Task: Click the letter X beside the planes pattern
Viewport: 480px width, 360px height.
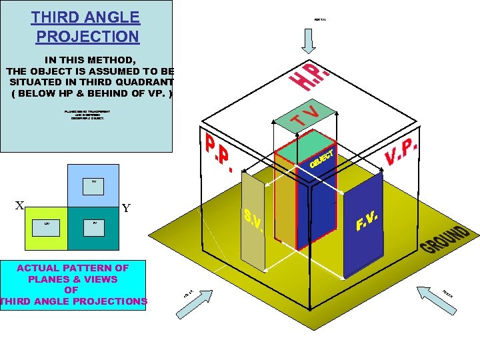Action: click(x=20, y=207)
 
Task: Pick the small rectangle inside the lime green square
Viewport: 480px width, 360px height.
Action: click(x=47, y=227)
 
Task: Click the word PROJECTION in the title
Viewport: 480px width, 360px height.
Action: click(x=87, y=37)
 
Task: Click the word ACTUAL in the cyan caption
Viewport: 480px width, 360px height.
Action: click(x=39, y=268)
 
